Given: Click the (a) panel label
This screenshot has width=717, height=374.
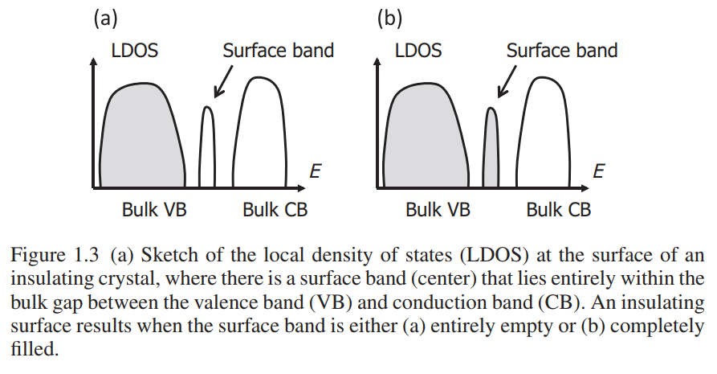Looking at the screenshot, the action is tap(106, 18).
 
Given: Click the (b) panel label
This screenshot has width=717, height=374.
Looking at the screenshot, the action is tap(389, 18).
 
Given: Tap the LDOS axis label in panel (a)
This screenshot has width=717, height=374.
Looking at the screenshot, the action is tap(134, 51).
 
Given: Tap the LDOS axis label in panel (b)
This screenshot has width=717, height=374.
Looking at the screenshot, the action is tap(418, 51).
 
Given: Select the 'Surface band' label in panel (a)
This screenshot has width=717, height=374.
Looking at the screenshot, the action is tap(278, 51).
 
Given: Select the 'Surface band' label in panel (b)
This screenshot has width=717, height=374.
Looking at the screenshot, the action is tap(562, 51).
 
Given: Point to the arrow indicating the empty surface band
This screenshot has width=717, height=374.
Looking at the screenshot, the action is tap(223, 81).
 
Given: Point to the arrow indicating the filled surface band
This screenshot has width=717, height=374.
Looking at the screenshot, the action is tap(507, 81).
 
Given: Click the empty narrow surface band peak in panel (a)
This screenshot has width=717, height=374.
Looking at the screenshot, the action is tap(206, 146).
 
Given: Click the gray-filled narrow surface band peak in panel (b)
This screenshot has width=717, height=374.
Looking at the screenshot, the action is tap(491, 146).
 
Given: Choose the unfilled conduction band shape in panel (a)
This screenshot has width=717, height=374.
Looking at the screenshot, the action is tap(259, 133).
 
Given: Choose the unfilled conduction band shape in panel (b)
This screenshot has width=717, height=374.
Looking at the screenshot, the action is tap(544, 133).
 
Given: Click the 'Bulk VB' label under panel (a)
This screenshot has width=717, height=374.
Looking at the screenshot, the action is tap(154, 210).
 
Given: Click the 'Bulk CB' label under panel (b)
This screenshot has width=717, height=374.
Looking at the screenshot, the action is tap(558, 210).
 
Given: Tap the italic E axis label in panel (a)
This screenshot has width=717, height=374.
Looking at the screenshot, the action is tap(315, 171).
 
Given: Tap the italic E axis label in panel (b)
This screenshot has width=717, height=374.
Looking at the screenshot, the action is tap(598, 171).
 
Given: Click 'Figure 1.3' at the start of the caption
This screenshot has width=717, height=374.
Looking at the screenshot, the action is tap(55, 255).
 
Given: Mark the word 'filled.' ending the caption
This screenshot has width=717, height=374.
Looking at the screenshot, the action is tap(35, 349).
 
